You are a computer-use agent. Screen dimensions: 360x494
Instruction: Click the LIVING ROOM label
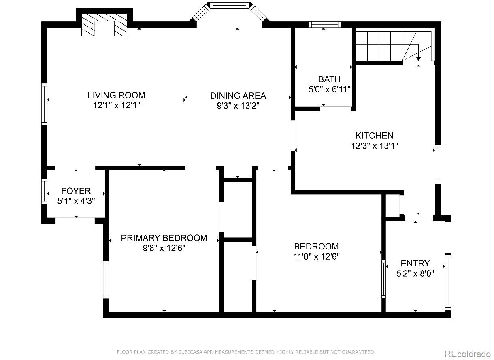click(116, 95)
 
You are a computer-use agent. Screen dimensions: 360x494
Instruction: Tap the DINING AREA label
click(238, 96)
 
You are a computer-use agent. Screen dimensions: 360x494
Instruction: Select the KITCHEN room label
click(374, 136)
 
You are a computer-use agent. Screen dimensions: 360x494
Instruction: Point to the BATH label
click(329, 79)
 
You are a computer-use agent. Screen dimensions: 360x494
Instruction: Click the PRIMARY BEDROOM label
click(164, 238)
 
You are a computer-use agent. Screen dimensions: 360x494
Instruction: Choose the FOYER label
click(76, 191)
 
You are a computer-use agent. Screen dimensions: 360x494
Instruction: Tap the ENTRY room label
click(415, 264)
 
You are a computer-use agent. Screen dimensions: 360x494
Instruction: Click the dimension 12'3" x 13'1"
click(375, 146)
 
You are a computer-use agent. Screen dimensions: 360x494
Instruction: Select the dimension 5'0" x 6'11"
click(329, 89)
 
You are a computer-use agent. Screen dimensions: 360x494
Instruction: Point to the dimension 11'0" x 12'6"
click(316, 256)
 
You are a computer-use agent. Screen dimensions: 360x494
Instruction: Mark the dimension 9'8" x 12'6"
click(164, 248)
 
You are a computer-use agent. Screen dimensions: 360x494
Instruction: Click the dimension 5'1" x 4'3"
click(76, 200)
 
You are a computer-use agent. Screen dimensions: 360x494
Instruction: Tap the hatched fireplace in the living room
click(104, 25)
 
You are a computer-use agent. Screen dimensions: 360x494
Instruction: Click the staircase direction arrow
click(418, 58)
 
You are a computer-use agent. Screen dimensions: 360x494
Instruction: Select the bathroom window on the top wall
click(325, 25)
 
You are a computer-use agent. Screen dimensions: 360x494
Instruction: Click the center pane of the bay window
click(229, 6)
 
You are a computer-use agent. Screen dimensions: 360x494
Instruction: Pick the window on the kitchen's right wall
click(438, 164)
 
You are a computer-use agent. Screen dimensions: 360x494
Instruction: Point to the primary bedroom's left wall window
click(106, 280)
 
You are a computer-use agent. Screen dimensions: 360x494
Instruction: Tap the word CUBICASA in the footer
click(190, 352)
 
